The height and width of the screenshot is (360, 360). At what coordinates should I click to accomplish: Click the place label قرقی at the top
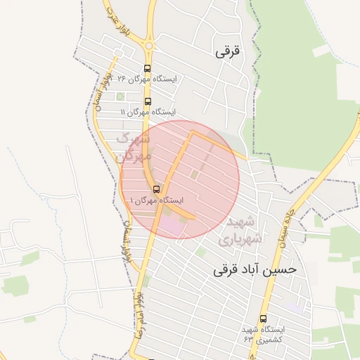228,51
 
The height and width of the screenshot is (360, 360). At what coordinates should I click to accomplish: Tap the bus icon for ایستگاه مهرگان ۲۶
147,69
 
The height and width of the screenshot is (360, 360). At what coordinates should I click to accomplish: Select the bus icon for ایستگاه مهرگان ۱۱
147,101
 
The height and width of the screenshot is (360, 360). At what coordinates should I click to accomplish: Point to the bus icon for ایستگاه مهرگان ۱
156,189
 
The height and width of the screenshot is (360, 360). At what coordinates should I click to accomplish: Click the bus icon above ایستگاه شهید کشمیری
263,319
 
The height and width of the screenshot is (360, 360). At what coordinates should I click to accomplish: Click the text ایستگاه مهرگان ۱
156,200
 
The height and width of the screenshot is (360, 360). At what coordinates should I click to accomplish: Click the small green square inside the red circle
195,174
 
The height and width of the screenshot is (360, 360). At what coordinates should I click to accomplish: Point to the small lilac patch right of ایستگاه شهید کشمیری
296,308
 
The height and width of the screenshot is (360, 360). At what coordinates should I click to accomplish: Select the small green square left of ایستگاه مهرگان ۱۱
120,96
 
